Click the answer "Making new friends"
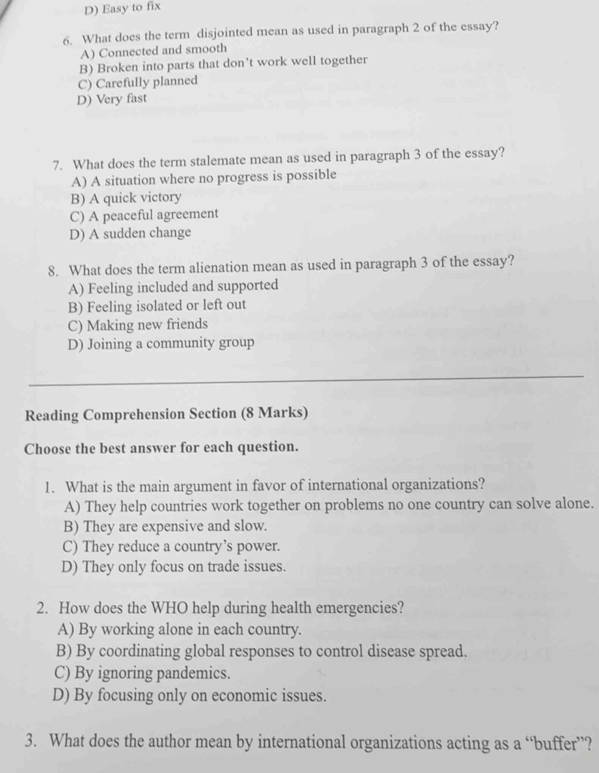138,325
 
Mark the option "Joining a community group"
161,344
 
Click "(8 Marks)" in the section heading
275,412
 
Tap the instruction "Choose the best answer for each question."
161,448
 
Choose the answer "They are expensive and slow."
165,526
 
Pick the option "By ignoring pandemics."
143,673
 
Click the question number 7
58,165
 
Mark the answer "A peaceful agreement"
144,215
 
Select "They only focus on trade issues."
173,567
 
